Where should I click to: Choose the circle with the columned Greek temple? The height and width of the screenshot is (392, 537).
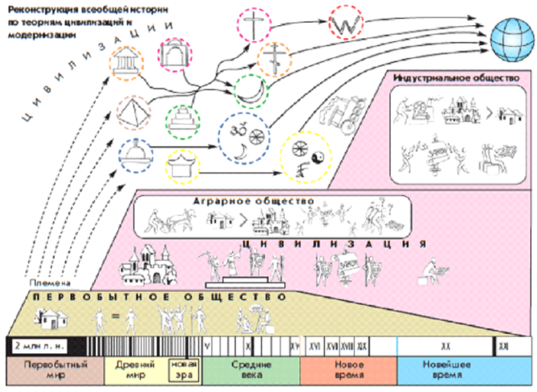(x=126, y=66)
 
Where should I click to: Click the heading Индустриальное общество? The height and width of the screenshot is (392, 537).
(x=455, y=78)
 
